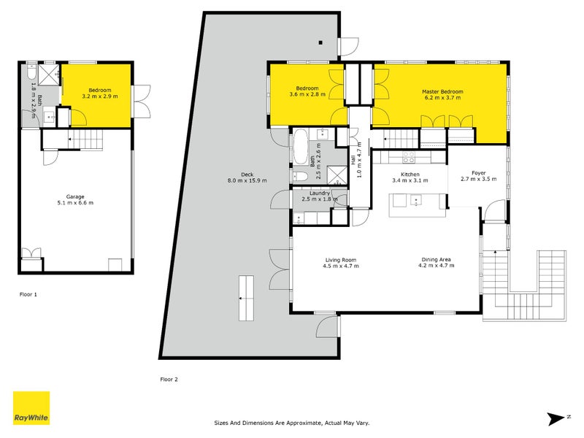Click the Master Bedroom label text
(442, 92)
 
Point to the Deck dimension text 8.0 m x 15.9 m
(247, 180)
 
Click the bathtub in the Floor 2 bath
(300, 144)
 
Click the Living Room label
(339, 259)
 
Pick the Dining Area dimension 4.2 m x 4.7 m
(437, 266)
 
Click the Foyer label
(478, 173)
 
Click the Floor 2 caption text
(169, 379)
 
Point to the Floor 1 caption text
(28, 294)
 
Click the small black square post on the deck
(320, 42)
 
